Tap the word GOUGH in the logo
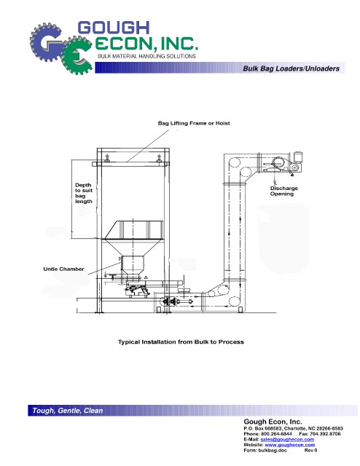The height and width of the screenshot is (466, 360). pos(114,28)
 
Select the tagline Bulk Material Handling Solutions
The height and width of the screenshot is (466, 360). pos(146,56)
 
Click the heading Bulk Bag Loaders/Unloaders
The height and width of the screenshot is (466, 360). pos(291,68)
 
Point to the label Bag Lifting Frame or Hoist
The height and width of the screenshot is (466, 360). pos(194,123)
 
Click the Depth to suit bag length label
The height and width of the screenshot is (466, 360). pos(84,193)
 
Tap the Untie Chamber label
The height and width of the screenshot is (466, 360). pos(63,269)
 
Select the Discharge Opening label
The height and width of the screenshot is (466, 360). pos(283,191)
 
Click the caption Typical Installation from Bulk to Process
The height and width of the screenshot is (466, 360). pos(181,341)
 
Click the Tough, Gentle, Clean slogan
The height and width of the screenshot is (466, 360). pos(68,411)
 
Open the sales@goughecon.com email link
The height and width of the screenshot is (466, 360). pos(287,439)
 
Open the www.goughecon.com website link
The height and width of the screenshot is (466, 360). pos(290,445)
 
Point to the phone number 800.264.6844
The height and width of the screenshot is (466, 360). pos(276,434)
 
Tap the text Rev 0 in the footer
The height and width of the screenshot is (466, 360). pos(310,450)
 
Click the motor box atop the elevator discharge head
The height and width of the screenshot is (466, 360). pos(298,157)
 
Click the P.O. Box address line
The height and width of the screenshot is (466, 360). pos(293,428)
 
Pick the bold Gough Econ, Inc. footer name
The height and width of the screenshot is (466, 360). pos(273,422)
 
